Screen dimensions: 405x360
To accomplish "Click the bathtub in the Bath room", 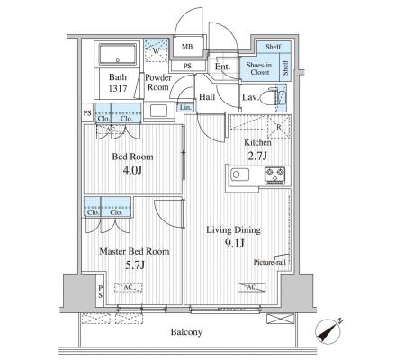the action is click(118, 54).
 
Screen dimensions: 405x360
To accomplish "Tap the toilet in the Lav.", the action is click(270, 96).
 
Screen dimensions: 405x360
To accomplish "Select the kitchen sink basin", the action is click(239, 175).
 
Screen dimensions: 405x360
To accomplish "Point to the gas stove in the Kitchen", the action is click(274, 175).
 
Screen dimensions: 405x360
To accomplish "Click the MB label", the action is click(187, 47).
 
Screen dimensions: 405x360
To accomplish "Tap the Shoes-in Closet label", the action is click(259, 68).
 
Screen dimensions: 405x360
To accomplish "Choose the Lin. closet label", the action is click(185, 107).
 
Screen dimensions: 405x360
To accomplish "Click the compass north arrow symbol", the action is click(328, 330).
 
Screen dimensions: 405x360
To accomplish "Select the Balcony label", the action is click(186, 332).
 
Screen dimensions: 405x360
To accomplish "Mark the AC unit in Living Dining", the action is click(251, 287).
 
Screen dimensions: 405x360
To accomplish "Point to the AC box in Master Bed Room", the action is click(128, 287).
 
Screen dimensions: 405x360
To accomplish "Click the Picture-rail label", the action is click(269, 262).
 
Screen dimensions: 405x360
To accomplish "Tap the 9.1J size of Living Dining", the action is click(234, 243).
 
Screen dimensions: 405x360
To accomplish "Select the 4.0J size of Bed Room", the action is click(132, 170).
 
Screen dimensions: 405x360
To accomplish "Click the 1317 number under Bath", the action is click(118, 88).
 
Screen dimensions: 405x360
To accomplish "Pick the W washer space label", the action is click(156, 50).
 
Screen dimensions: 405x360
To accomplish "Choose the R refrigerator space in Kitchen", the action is click(279, 127).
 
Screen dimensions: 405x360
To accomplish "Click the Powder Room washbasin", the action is click(158, 111).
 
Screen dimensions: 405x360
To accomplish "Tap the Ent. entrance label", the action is click(222, 67).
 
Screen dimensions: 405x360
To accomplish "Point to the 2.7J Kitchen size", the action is click(257, 156).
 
